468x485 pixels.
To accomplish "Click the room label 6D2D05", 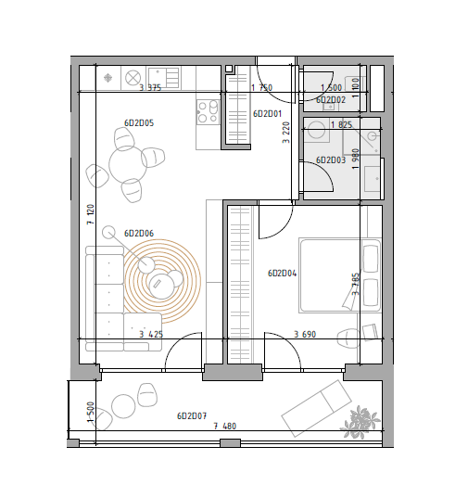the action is tap(139, 123).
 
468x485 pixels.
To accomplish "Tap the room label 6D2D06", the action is tap(139, 233).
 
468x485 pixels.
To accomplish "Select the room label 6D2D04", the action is tap(283, 274).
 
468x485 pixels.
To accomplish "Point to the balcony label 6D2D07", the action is tap(192, 416).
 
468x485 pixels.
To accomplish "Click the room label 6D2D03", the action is tap(331, 160).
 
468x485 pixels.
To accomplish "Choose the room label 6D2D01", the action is tap(268, 114).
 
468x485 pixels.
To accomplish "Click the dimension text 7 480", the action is tap(225, 427).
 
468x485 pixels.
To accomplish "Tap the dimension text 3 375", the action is tap(150, 87).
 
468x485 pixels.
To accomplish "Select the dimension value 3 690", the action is tap(305, 335).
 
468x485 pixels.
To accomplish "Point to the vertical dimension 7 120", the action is tap(91, 214).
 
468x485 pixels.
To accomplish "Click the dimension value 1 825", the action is tap(342, 124).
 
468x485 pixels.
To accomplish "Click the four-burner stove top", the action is tap(208, 112).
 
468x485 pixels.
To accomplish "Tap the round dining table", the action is tap(128, 164).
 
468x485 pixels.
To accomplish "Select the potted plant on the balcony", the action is tap(360, 422).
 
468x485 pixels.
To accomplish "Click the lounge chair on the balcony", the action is tap(317, 408).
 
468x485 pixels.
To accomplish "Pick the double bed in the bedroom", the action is tap(340, 275).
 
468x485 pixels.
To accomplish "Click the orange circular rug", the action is tap(162, 281).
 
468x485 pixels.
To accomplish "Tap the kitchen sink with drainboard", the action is tap(164, 78).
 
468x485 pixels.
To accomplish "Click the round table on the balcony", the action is tap(123, 406).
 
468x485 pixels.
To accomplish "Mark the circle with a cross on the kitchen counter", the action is tap(133, 78).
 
